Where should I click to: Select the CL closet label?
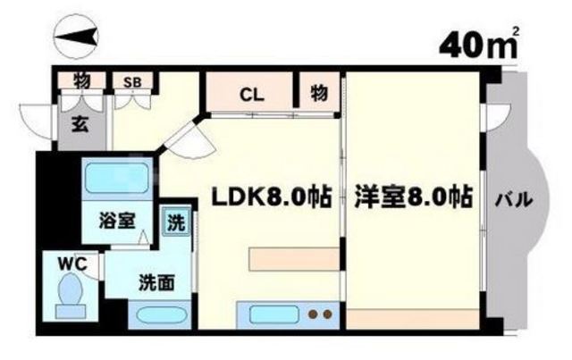tap(251, 92)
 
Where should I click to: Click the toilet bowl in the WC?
tap(69, 290)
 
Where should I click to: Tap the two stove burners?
tap(320, 314)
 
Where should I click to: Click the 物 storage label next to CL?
tap(318, 92)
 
